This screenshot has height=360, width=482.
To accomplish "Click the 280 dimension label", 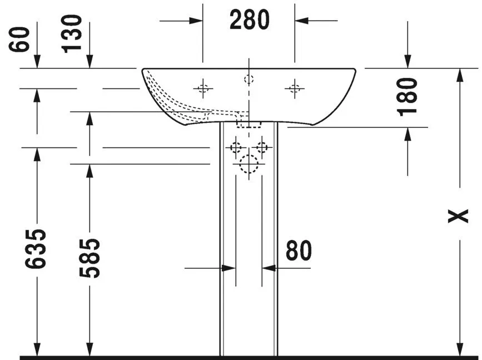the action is click(249, 19).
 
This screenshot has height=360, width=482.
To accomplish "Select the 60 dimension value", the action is click(19, 40).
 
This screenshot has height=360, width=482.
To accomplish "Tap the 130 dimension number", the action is click(72, 34).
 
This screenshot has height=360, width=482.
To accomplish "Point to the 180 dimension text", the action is click(408, 97).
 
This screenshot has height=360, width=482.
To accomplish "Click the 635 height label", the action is click(36, 249).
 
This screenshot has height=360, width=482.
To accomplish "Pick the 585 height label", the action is click(90, 258).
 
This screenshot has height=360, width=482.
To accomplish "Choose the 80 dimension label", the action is click(299, 250).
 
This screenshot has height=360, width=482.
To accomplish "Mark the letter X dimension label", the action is click(458, 216).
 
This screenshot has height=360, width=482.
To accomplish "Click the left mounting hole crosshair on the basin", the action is click(203, 88).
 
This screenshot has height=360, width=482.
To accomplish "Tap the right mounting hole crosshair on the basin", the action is click(295, 88).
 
